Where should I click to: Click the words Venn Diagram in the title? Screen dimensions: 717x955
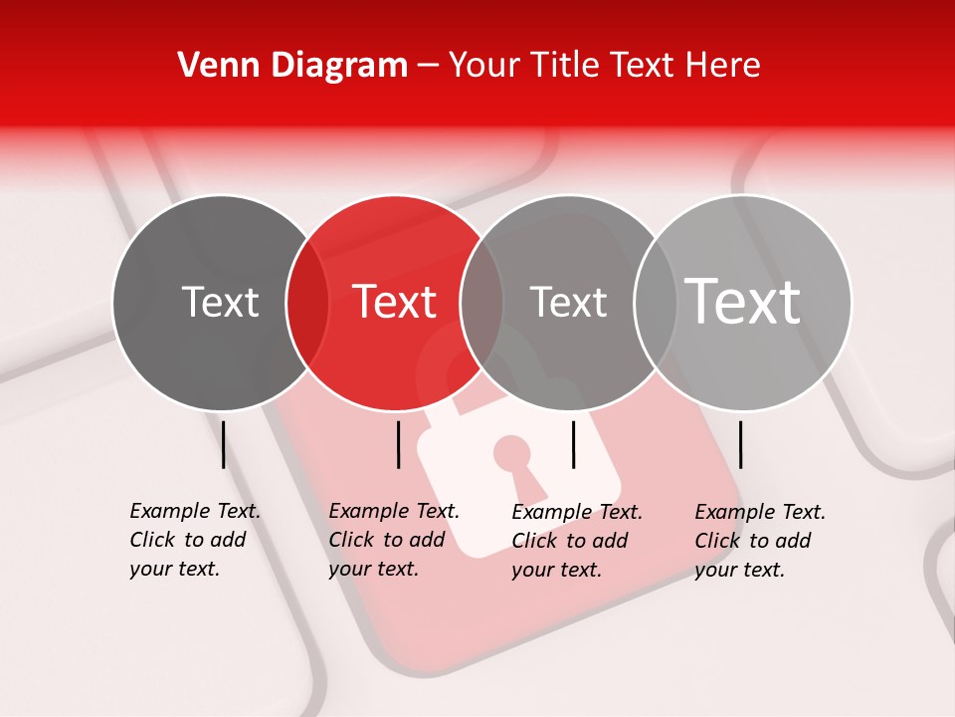(291, 66)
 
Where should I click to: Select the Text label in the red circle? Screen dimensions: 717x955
(395, 302)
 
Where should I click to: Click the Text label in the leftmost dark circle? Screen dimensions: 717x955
(220, 302)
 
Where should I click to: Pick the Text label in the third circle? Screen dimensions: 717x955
(568, 302)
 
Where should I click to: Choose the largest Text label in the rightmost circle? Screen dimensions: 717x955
(743, 301)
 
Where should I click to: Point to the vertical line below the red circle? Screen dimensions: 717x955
(398, 444)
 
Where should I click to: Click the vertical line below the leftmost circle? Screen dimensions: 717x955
(223, 444)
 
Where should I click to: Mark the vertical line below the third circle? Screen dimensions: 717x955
(573, 444)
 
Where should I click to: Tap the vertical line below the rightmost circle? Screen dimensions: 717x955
(740, 444)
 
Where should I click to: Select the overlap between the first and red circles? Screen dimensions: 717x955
(307, 302)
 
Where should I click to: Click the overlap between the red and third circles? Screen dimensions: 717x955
(481, 302)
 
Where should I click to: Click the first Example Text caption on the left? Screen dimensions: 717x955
(194, 540)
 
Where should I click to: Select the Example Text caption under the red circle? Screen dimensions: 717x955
(393, 540)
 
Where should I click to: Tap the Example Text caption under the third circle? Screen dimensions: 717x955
(576, 541)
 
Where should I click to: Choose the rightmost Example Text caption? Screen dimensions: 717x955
(759, 541)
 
